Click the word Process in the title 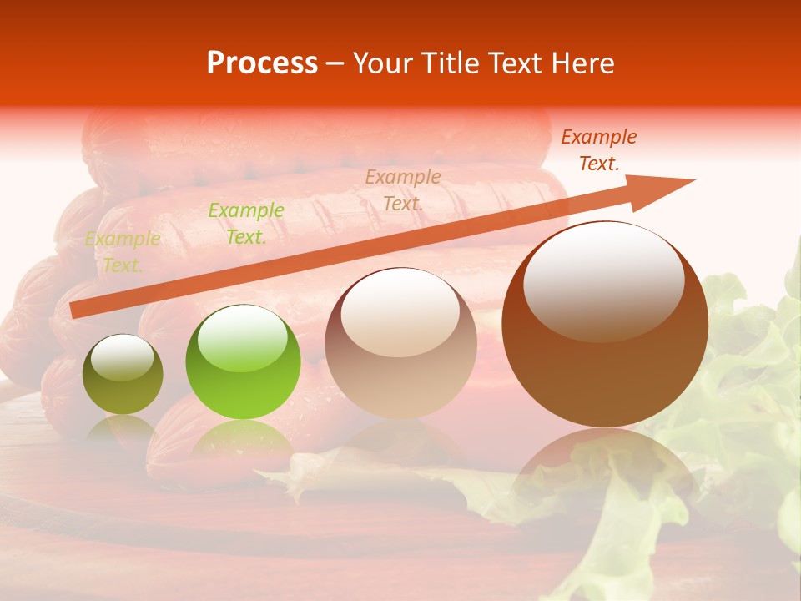click(262, 63)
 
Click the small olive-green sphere click(123, 376)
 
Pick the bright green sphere click(243, 367)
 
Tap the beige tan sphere click(400, 351)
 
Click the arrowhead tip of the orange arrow click(693, 180)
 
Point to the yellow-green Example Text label click(123, 252)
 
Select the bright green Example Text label click(246, 224)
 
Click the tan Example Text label click(403, 189)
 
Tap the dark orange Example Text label click(598, 150)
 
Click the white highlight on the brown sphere click(603, 280)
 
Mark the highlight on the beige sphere click(400, 313)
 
